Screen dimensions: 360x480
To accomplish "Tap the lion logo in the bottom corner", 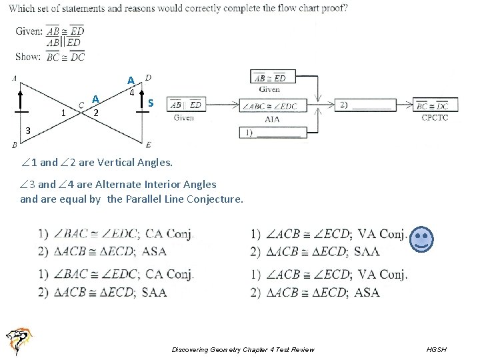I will pyautogui.click(x=18, y=341).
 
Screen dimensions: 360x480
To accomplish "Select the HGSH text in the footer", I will pyautogui.click(x=437, y=350).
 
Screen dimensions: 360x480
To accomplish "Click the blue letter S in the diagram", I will pyautogui.click(x=151, y=103).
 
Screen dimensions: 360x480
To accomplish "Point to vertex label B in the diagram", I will pyautogui.click(x=15, y=145).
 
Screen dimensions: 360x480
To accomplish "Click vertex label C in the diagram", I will pyautogui.click(x=81, y=104).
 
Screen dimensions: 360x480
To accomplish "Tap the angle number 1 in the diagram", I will pyautogui.click(x=63, y=113).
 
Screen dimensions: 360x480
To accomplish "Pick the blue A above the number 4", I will pyautogui.click(x=131, y=81).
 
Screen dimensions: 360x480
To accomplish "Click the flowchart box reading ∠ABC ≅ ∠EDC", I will pyautogui.click(x=272, y=105).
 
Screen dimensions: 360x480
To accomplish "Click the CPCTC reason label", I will pyautogui.click(x=435, y=118).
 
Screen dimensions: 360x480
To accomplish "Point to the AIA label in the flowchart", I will pyautogui.click(x=272, y=119).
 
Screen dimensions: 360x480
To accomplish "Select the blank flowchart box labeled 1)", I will pyautogui.click(x=273, y=132).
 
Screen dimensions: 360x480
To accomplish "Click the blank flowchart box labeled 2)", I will pyautogui.click(x=362, y=105).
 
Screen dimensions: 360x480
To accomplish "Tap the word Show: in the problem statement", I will pyautogui.click(x=28, y=57).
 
